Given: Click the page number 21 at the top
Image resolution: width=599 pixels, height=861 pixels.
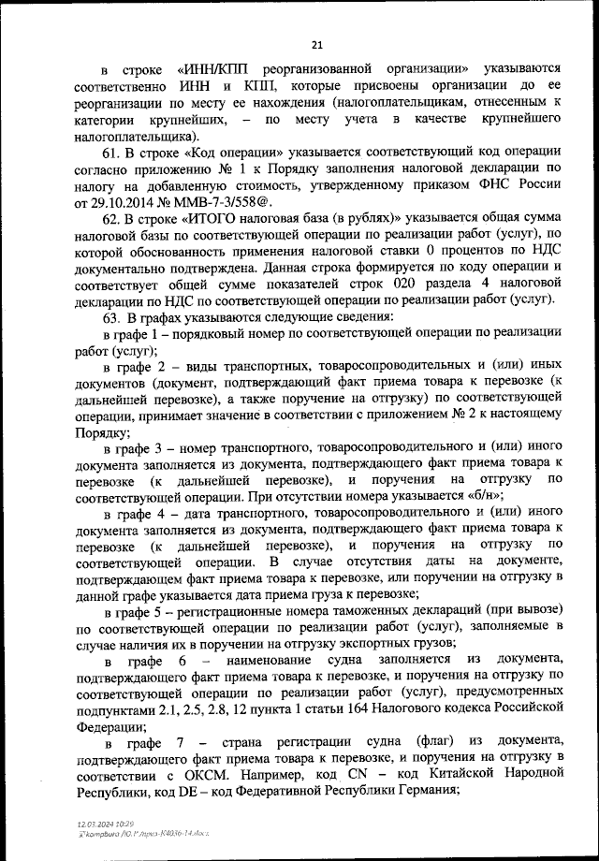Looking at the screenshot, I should click(315, 44).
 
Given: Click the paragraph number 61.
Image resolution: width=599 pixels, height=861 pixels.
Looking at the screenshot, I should click(111, 153).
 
